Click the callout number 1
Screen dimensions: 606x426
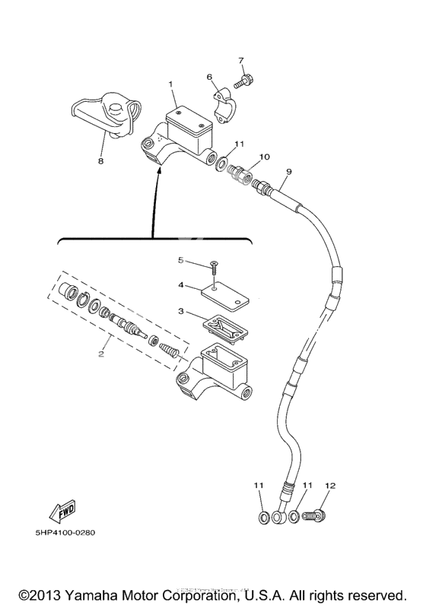click(171, 84)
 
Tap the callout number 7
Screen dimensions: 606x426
click(240, 60)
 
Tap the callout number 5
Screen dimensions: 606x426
click(181, 261)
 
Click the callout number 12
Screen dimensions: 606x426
click(329, 485)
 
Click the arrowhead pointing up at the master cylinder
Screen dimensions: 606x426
click(158, 174)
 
